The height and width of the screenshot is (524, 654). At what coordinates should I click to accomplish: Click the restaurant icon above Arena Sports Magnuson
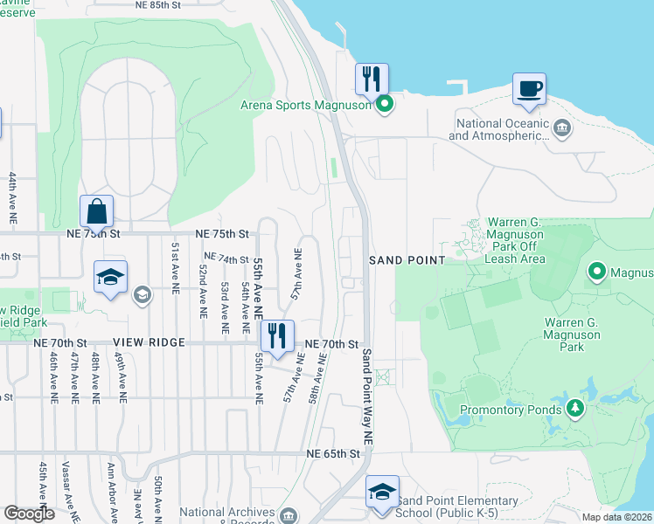point(372,79)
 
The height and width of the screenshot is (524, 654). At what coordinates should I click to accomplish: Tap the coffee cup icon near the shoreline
point(529,88)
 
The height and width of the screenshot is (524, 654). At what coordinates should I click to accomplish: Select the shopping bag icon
point(96,211)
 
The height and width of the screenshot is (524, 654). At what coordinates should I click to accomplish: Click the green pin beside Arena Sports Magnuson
point(384,107)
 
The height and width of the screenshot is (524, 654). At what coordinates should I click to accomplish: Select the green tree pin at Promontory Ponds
point(574,407)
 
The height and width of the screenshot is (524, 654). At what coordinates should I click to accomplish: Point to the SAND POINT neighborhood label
point(407,260)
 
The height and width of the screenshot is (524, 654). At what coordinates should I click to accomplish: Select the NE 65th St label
point(333,454)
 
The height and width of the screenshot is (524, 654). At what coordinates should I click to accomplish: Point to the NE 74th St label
point(226,259)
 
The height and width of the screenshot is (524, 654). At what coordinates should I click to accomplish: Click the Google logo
point(30,514)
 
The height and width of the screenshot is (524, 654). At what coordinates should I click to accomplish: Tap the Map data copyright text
point(616,517)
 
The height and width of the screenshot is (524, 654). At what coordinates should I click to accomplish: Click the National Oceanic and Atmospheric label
point(499,129)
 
